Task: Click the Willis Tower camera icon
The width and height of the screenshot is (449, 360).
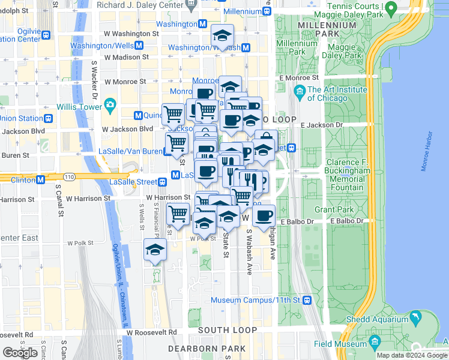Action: pyautogui.click(x=110, y=106)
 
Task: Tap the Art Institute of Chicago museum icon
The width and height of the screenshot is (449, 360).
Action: pyautogui.click(x=300, y=91)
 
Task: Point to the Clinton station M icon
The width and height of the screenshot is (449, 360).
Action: pyautogui.click(x=41, y=179)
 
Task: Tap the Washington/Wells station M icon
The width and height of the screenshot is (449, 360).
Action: pyautogui.click(x=139, y=46)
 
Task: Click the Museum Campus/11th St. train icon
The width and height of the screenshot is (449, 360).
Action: pyautogui.click(x=307, y=300)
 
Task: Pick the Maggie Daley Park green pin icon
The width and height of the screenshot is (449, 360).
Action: pyautogui.click(x=391, y=9)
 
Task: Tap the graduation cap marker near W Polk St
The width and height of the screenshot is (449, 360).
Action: pyautogui.click(x=155, y=249)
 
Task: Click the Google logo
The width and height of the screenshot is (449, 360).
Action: pyautogui.click(x=20, y=353)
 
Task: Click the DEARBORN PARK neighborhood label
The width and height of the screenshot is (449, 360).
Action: pyautogui.click(x=206, y=348)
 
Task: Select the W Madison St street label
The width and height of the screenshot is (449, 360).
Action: pyautogui.click(x=126, y=57)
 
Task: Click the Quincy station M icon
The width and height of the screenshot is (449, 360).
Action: pyautogui.click(x=138, y=115)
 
